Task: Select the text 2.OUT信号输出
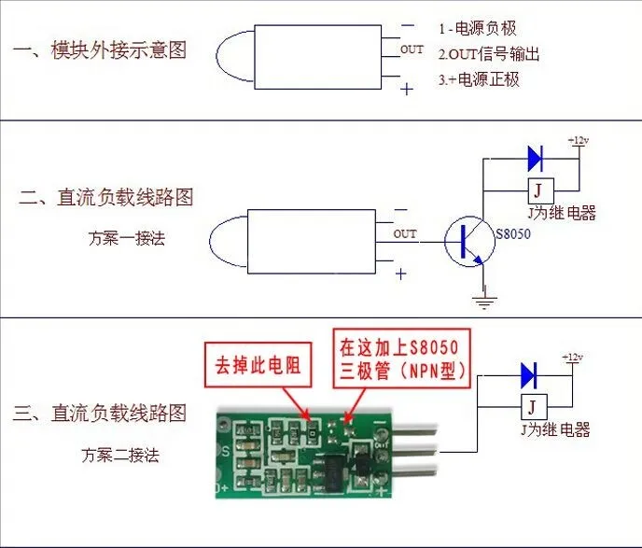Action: tap(490, 53)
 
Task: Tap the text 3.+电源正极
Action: tap(479, 79)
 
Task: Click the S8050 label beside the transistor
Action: tap(513, 234)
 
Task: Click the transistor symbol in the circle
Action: tap(468, 242)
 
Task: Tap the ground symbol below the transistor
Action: tap(482, 301)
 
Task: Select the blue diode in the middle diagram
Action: tap(536, 157)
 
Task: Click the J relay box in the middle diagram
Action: tap(537, 190)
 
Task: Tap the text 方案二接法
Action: tap(119, 455)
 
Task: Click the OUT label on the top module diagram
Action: tap(412, 49)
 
